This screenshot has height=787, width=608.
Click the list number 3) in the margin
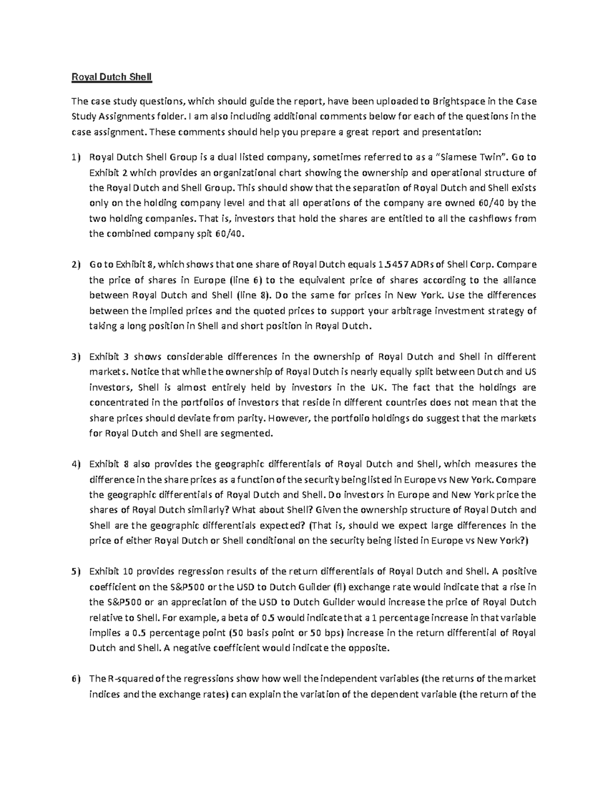pos(75,357)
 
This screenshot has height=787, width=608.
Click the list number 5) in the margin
pos(75,571)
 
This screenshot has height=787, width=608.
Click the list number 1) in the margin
pos(75,157)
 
